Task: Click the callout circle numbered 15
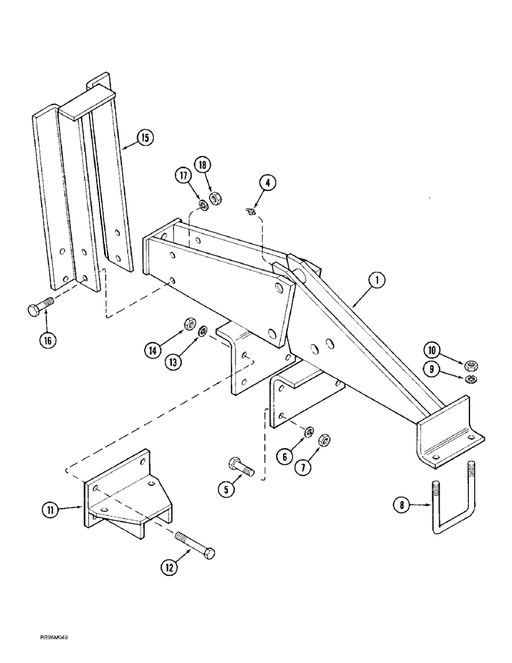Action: (145, 138)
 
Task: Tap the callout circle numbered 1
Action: (376, 281)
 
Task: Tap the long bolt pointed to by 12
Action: (195, 542)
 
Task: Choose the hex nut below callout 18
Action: (215, 198)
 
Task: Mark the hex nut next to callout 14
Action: (188, 325)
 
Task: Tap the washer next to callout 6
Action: (308, 433)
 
